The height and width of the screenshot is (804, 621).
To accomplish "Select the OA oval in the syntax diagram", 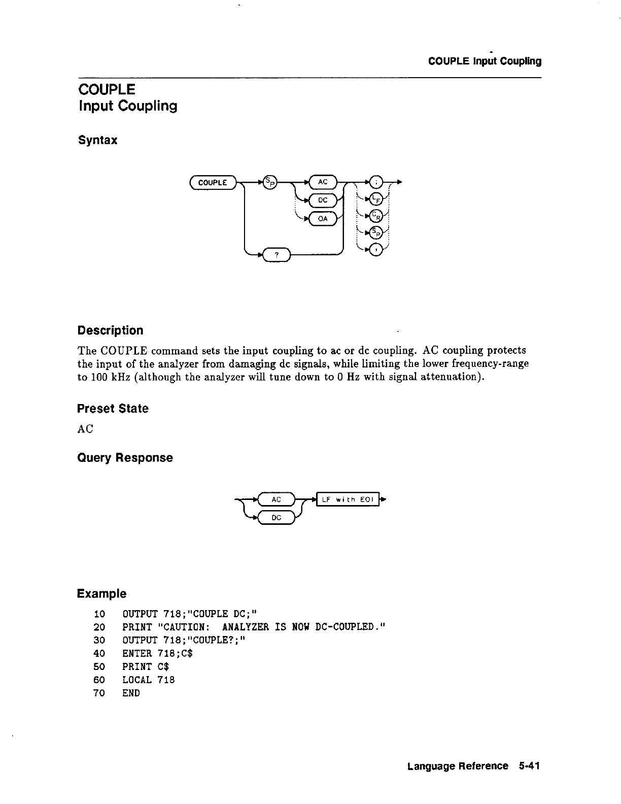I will point(323,219).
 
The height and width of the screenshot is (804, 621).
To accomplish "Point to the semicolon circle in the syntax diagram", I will point(375,182).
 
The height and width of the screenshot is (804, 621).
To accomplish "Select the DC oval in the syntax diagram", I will point(323,200).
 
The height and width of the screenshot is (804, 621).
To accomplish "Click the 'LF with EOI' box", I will point(348,500).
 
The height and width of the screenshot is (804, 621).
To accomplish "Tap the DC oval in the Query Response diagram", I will point(276,518).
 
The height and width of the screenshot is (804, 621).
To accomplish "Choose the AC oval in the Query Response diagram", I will point(276,500).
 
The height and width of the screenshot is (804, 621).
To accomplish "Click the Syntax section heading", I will point(97,140).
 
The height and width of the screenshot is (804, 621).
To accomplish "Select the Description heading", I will point(110,330).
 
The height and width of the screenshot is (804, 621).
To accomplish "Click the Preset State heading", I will point(113,409).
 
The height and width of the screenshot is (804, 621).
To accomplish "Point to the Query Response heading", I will point(125,458).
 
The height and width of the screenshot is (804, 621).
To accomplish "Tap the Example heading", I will point(101,593).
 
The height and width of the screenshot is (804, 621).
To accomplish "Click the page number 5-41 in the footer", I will point(529,766).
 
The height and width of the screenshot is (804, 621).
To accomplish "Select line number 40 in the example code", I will point(99,653).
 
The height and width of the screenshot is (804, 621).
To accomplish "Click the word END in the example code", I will point(131,693).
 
